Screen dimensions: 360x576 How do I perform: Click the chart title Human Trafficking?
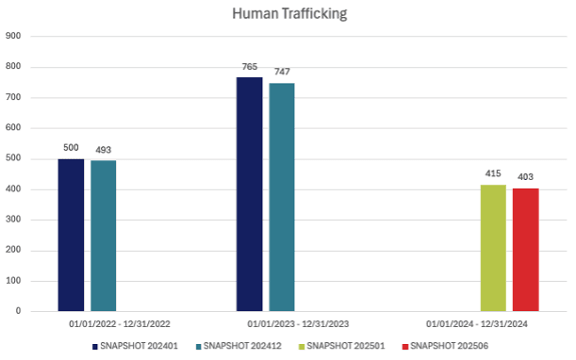[x=289, y=14]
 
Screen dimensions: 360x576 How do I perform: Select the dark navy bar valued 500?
[x=71, y=235]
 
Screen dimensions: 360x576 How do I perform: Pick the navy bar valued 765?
[x=249, y=194]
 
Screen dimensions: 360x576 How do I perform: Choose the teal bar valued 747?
[x=282, y=197]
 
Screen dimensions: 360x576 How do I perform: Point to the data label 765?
[x=249, y=68]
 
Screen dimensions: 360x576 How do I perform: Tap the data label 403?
[x=525, y=178]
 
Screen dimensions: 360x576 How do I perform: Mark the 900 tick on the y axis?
[x=13, y=36]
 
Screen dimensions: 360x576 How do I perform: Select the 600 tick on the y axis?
[x=13, y=127]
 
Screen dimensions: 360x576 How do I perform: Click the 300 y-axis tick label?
[x=13, y=220]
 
